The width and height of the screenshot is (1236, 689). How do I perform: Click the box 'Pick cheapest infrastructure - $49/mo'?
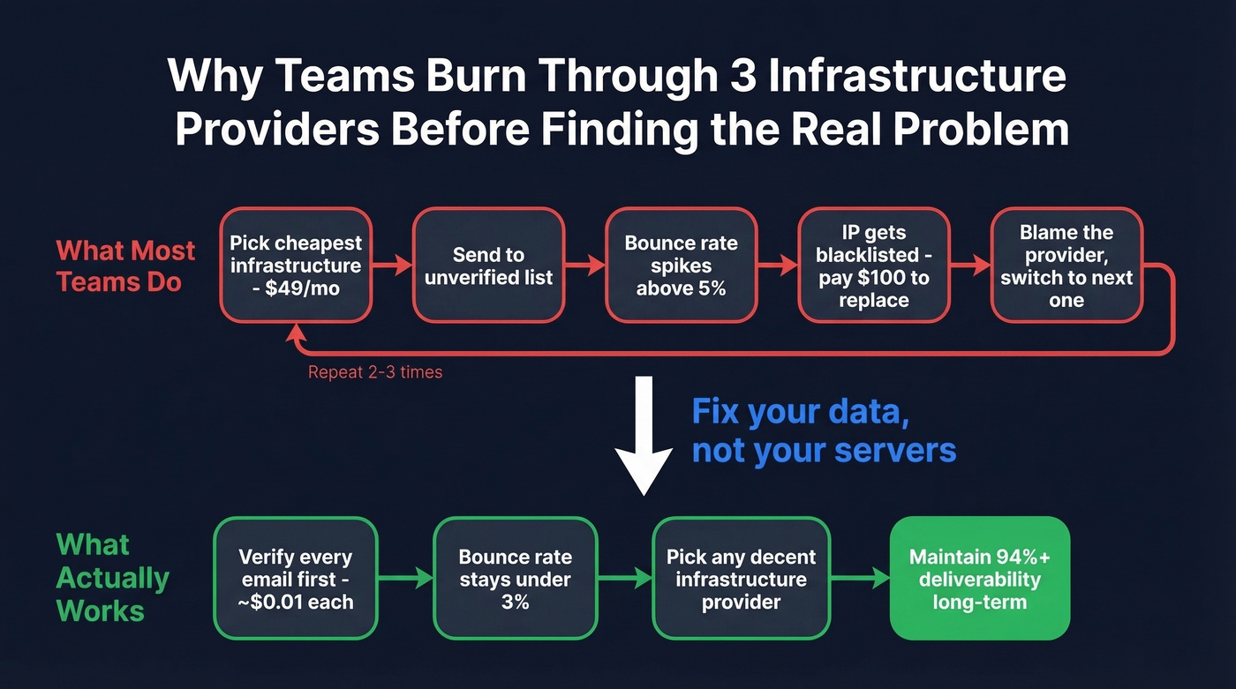pos(296,265)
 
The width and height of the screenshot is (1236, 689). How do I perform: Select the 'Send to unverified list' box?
pos(488,265)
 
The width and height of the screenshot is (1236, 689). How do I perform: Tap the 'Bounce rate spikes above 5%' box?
pos(681,265)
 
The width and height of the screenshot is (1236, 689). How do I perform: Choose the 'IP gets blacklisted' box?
pos(873,265)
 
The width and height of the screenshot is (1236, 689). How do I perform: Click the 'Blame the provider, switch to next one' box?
pos(1066,265)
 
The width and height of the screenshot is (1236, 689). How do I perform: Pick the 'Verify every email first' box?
pos(296,579)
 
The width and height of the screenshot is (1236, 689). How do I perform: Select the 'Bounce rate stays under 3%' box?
pos(515,579)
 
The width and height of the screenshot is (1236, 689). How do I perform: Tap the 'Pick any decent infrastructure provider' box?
pos(741,579)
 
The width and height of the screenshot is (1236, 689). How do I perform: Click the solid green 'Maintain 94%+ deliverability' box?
pos(979,579)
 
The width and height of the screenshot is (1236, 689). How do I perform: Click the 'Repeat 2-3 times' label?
pos(375,372)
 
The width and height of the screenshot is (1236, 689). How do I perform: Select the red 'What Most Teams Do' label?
pos(125,266)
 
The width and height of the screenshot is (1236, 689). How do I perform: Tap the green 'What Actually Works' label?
pos(112,577)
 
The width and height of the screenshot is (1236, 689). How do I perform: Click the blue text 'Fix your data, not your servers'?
pos(823,431)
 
